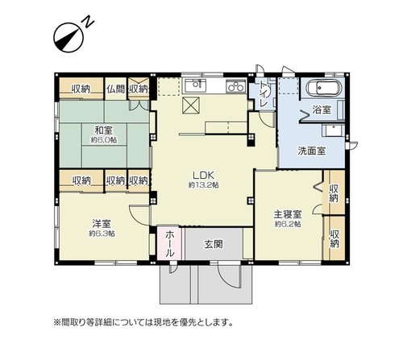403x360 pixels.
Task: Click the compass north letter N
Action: (x=89, y=23)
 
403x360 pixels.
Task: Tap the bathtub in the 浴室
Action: (x=324, y=88)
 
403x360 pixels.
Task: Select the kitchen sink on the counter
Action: (x=195, y=85)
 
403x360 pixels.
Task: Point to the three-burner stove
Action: (x=235, y=86)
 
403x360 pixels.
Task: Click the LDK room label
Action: (x=203, y=176)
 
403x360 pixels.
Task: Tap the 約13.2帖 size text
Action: (x=203, y=185)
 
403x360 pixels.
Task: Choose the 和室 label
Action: (x=103, y=130)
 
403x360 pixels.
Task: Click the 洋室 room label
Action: (x=102, y=223)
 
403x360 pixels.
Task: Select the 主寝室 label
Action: (x=288, y=214)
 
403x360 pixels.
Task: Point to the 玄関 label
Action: (x=214, y=245)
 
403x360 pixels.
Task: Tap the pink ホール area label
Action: (x=170, y=244)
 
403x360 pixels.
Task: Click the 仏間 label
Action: (x=115, y=89)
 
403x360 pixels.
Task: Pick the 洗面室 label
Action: (x=311, y=151)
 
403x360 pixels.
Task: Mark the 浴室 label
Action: (x=322, y=110)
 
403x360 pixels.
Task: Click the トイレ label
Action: (x=264, y=93)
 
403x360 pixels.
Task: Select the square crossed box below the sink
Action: (x=191, y=106)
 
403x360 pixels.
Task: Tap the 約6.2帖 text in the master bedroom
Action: (x=288, y=224)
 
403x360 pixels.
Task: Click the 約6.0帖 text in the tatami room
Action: (x=104, y=140)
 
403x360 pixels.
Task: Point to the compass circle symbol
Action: (x=69, y=37)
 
